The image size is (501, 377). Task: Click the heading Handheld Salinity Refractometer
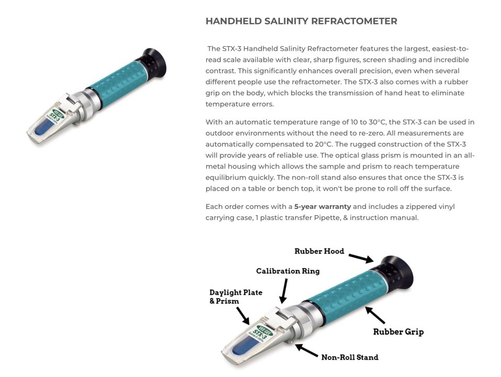(x=302, y=21)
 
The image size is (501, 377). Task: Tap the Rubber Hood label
(x=319, y=251)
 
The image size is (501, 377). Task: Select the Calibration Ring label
(x=288, y=271)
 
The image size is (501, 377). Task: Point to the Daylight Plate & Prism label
(x=236, y=297)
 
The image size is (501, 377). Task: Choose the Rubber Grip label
(x=398, y=331)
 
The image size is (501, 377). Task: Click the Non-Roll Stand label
(x=350, y=357)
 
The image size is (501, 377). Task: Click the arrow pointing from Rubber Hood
(x=361, y=258)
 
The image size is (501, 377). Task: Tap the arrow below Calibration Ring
(x=283, y=291)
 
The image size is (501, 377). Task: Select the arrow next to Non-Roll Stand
(x=306, y=350)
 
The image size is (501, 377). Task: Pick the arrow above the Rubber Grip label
(x=375, y=315)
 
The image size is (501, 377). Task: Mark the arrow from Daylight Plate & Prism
(x=243, y=316)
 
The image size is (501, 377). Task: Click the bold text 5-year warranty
(x=322, y=207)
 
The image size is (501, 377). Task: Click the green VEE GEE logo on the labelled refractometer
(x=265, y=330)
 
